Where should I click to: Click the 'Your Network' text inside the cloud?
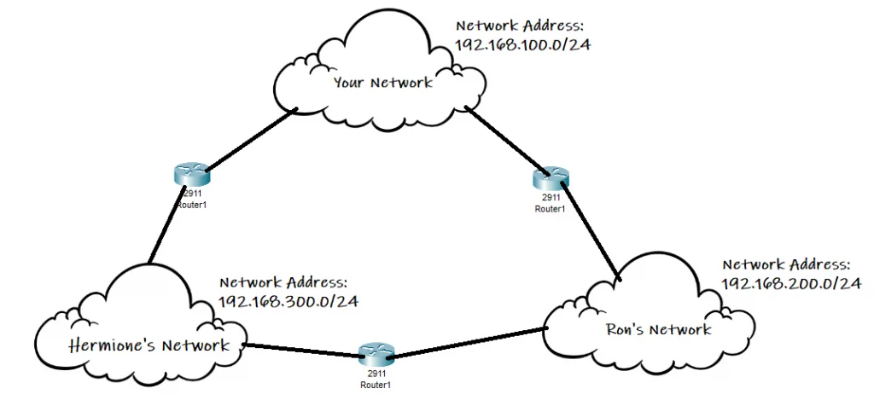click(382, 82)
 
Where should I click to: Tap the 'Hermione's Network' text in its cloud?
click(149, 345)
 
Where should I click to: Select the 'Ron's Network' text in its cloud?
click(657, 329)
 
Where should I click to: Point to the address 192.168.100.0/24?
click(522, 45)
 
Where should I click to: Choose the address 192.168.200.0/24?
click(791, 283)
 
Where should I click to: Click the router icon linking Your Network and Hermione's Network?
click(190, 175)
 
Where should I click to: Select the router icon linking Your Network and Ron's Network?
click(550, 178)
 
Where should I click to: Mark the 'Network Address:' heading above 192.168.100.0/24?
click(520, 26)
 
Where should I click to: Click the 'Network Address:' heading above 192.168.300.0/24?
click(283, 282)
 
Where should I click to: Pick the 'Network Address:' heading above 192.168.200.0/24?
click(787, 264)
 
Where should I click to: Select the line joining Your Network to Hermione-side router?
click(249, 139)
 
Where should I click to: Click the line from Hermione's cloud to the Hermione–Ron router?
click(299, 350)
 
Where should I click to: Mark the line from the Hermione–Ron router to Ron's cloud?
click(469, 341)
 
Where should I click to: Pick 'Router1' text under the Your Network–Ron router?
click(550, 208)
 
